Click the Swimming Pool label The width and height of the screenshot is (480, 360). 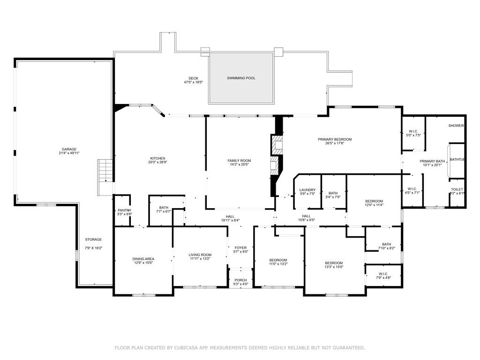tap(241, 78)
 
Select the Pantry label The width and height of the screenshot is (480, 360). tap(124, 210)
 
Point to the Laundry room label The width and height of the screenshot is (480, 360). tap(307, 190)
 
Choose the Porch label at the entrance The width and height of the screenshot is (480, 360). tap(240, 280)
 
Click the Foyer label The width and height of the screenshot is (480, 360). tap(240, 247)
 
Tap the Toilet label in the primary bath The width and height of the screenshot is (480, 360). tap(457, 189)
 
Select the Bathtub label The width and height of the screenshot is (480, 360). tap(457, 160)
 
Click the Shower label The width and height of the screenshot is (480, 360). tap(456, 126)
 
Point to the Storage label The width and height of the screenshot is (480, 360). tap(93, 240)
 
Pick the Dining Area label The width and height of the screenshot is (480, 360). tap(143, 259)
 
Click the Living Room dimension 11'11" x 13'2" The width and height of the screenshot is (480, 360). tap(201, 259)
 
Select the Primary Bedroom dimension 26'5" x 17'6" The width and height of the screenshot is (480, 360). tap(335, 143)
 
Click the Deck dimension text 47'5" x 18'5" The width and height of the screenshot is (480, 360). tap(193, 82)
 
